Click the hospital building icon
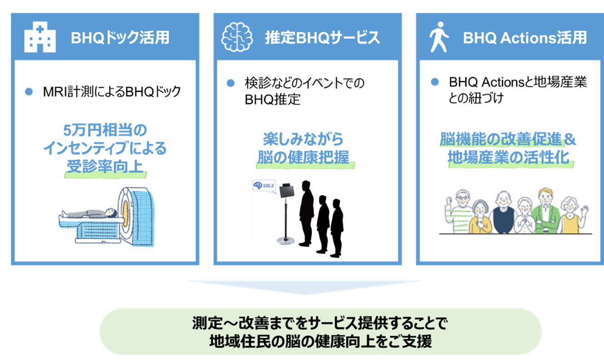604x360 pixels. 40,38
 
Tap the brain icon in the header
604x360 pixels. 237,38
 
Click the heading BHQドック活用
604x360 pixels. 120,38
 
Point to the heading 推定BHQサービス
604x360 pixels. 322,38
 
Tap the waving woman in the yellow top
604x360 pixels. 571,214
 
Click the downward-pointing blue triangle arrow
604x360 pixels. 305,287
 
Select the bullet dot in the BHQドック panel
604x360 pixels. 29,92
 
